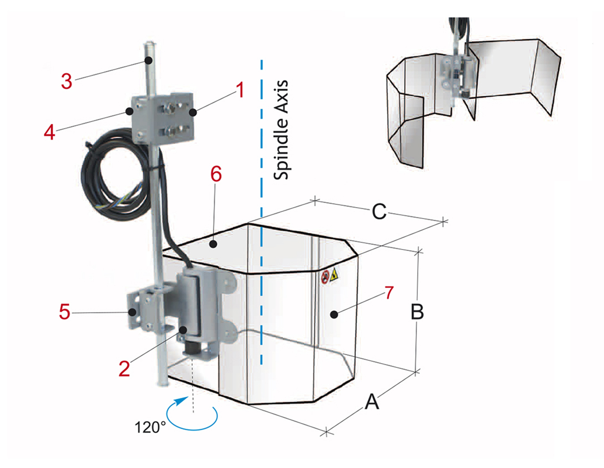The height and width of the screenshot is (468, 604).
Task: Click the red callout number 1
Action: point(240,90)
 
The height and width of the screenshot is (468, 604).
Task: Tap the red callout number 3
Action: point(67,81)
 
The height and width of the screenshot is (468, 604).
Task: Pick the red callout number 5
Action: point(65,312)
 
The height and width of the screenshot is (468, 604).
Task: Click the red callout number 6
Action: point(216,175)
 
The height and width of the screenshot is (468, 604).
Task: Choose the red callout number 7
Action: point(389,293)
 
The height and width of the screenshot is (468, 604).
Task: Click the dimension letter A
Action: point(372,402)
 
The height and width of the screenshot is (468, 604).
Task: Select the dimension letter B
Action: point(417,312)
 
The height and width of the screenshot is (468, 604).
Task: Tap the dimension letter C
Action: point(379,212)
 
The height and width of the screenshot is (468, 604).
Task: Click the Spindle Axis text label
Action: point(281,130)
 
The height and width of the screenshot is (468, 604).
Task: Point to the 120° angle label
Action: point(150,427)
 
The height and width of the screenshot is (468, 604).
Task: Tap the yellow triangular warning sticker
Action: point(334,275)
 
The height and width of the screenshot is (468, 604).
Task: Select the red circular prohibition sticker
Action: point(325,277)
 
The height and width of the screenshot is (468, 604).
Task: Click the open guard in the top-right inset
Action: point(472,94)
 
